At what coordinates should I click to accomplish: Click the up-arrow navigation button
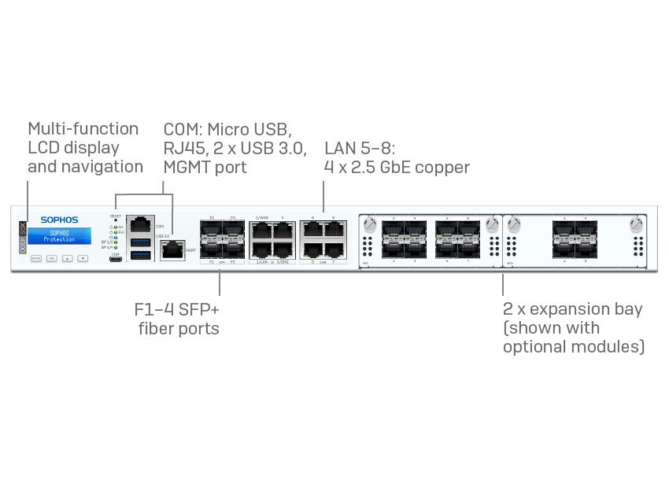(x=68, y=258)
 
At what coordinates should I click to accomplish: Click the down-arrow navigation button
(x=83, y=258)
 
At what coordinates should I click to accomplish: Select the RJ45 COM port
(x=141, y=223)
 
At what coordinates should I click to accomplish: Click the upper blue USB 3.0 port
(x=141, y=241)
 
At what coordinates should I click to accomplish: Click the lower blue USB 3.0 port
(x=141, y=255)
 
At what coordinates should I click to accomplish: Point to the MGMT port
(x=171, y=250)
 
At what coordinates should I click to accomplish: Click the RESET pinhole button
(x=116, y=220)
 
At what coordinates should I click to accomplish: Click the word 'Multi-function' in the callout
(x=83, y=129)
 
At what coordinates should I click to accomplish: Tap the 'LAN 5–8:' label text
(x=359, y=148)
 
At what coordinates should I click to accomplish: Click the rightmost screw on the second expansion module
(x=637, y=225)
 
